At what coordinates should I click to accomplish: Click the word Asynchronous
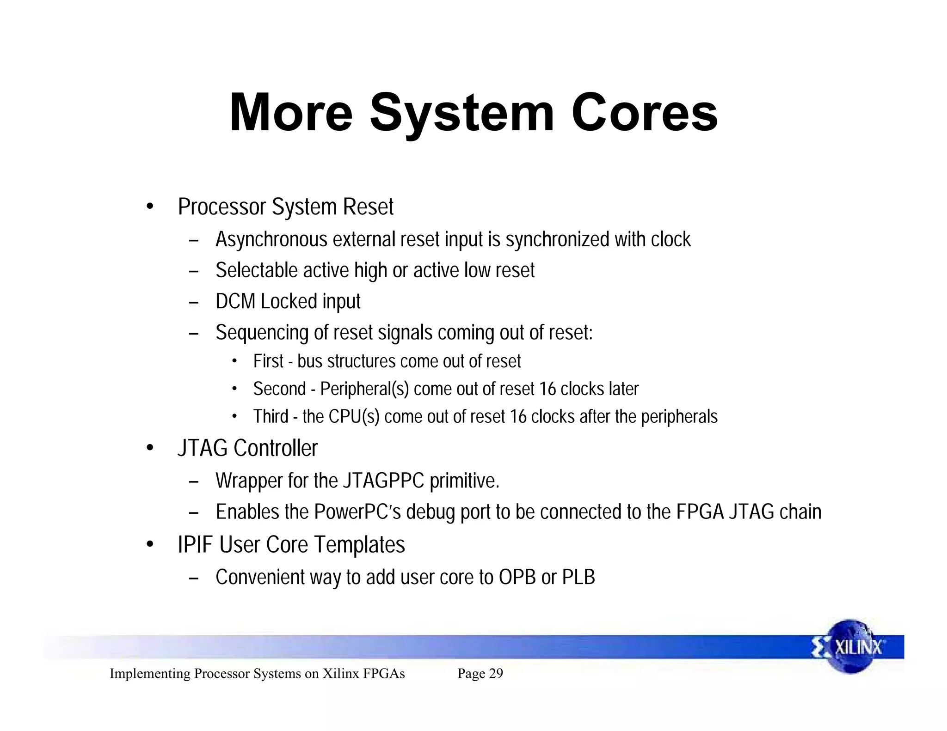coord(271,240)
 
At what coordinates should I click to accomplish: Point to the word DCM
coord(235,302)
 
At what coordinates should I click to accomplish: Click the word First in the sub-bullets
coord(268,361)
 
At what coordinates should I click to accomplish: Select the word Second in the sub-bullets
coord(279,389)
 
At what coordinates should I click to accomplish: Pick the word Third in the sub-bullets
coord(271,417)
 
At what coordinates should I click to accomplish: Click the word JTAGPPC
coord(383,481)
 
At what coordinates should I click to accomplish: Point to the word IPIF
coord(195,545)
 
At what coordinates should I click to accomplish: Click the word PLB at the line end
coord(578,578)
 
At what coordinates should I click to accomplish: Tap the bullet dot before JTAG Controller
coord(149,448)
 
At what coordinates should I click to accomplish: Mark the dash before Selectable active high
coord(194,271)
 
